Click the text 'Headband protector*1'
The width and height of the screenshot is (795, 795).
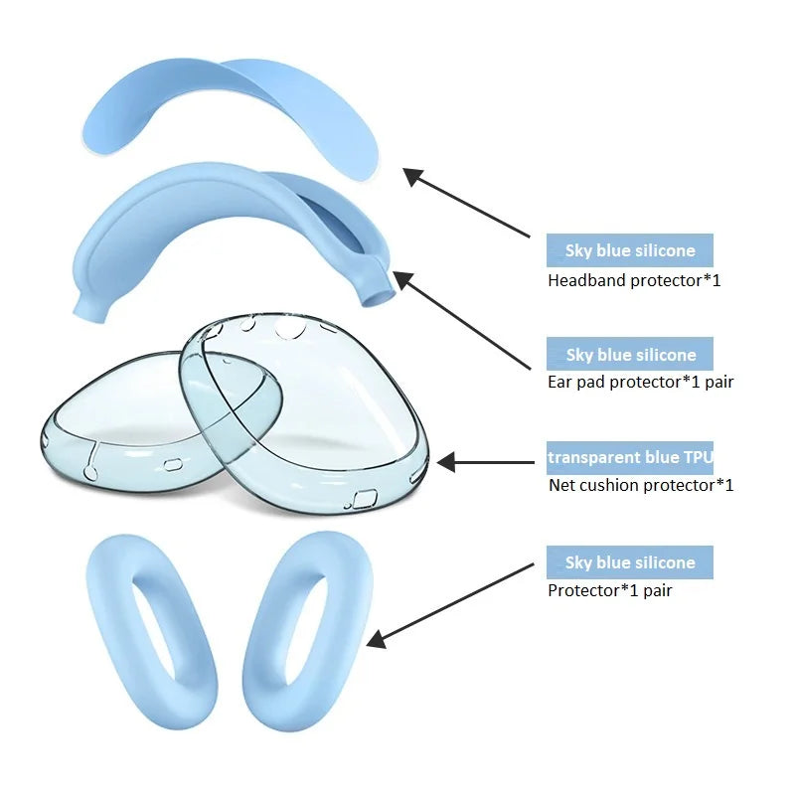(x=634, y=280)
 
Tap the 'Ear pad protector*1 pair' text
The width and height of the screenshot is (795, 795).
(x=640, y=382)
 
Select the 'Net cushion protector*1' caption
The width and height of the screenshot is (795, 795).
(x=641, y=485)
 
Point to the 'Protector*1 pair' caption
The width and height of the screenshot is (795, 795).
(x=609, y=590)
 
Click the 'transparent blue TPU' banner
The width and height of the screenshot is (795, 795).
(x=630, y=458)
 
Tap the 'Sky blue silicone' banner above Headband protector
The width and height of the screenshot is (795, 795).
(x=630, y=250)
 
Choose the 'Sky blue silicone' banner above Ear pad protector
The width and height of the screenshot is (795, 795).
(x=630, y=354)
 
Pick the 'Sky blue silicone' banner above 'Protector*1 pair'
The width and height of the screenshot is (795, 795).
(x=630, y=562)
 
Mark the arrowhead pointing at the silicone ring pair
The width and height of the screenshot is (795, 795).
(x=377, y=640)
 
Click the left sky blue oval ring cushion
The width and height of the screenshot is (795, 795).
(x=152, y=631)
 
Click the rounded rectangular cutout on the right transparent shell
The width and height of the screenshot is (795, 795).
(x=365, y=499)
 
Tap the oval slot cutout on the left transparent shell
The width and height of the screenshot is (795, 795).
(x=172, y=464)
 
